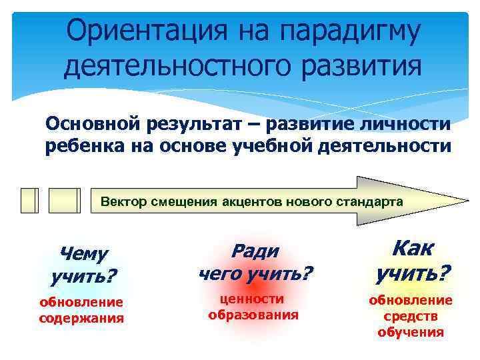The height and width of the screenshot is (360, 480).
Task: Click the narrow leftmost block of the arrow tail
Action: (29, 200)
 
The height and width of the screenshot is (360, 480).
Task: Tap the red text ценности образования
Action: (253, 307)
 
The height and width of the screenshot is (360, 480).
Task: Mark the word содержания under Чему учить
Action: (81, 318)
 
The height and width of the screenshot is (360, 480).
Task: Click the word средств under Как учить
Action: (411, 316)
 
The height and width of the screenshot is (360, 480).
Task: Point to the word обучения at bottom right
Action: (411, 331)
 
